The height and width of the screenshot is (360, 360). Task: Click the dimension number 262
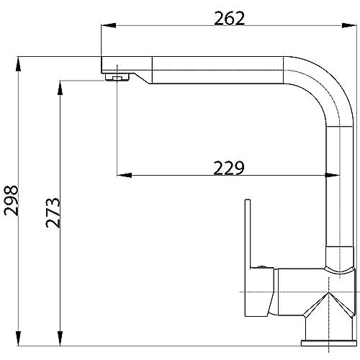(x=229, y=18)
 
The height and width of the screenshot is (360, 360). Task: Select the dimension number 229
(x=229, y=168)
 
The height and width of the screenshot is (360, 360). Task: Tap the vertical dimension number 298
(x=12, y=200)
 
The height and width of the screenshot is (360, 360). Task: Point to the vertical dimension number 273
(x=53, y=212)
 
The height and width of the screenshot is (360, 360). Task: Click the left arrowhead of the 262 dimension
(x=109, y=25)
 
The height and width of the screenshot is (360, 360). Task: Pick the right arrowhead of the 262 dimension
(x=349, y=25)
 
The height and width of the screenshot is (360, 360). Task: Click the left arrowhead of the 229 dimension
(x=125, y=175)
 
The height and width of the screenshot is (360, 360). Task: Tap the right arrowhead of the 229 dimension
(x=333, y=175)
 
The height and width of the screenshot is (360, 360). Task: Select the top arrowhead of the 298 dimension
(x=18, y=64)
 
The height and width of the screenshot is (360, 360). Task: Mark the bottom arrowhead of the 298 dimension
(x=18, y=338)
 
